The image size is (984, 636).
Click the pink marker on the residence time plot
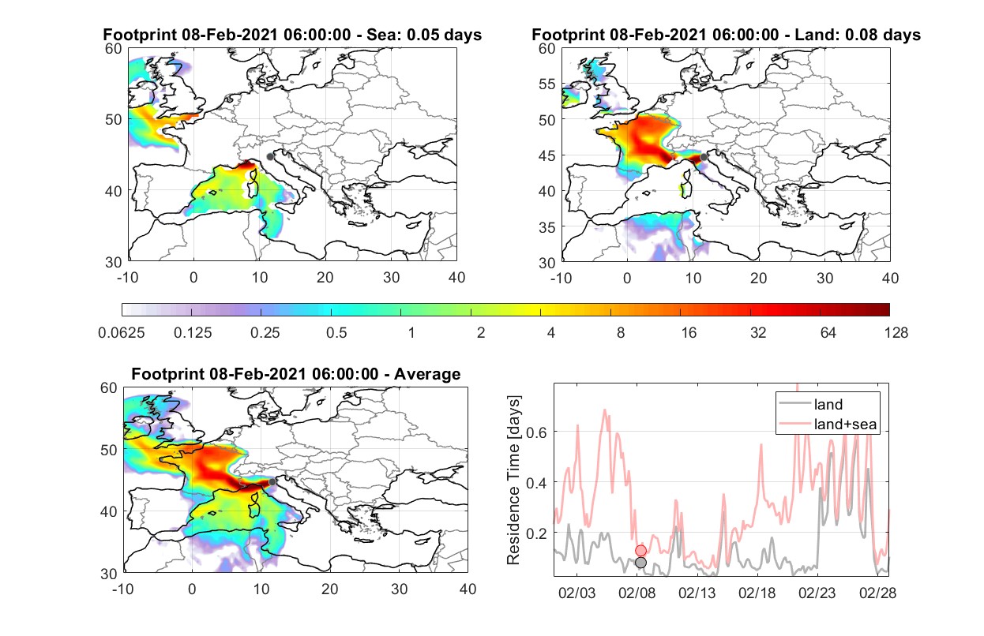(x=641, y=551)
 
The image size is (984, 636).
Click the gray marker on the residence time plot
(x=641, y=563)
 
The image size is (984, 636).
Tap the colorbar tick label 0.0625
(x=122, y=333)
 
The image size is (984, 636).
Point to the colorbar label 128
(x=896, y=333)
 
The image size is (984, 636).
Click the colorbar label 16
(x=689, y=333)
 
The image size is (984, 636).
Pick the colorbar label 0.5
(x=336, y=333)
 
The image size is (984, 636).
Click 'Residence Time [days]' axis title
(x=513, y=481)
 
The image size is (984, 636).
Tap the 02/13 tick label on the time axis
(x=697, y=593)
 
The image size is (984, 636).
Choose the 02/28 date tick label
(x=877, y=593)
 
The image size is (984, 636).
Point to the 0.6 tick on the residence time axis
(x=536, y=432)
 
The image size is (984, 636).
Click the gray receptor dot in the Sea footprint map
(x=270, y=157)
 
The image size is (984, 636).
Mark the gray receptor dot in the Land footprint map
(x=704, y=157)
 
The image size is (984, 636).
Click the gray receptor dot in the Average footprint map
(x=272, y=482)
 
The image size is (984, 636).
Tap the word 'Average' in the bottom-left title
(x=427, y=374)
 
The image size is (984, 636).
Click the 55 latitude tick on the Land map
(x=547, y=84)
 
